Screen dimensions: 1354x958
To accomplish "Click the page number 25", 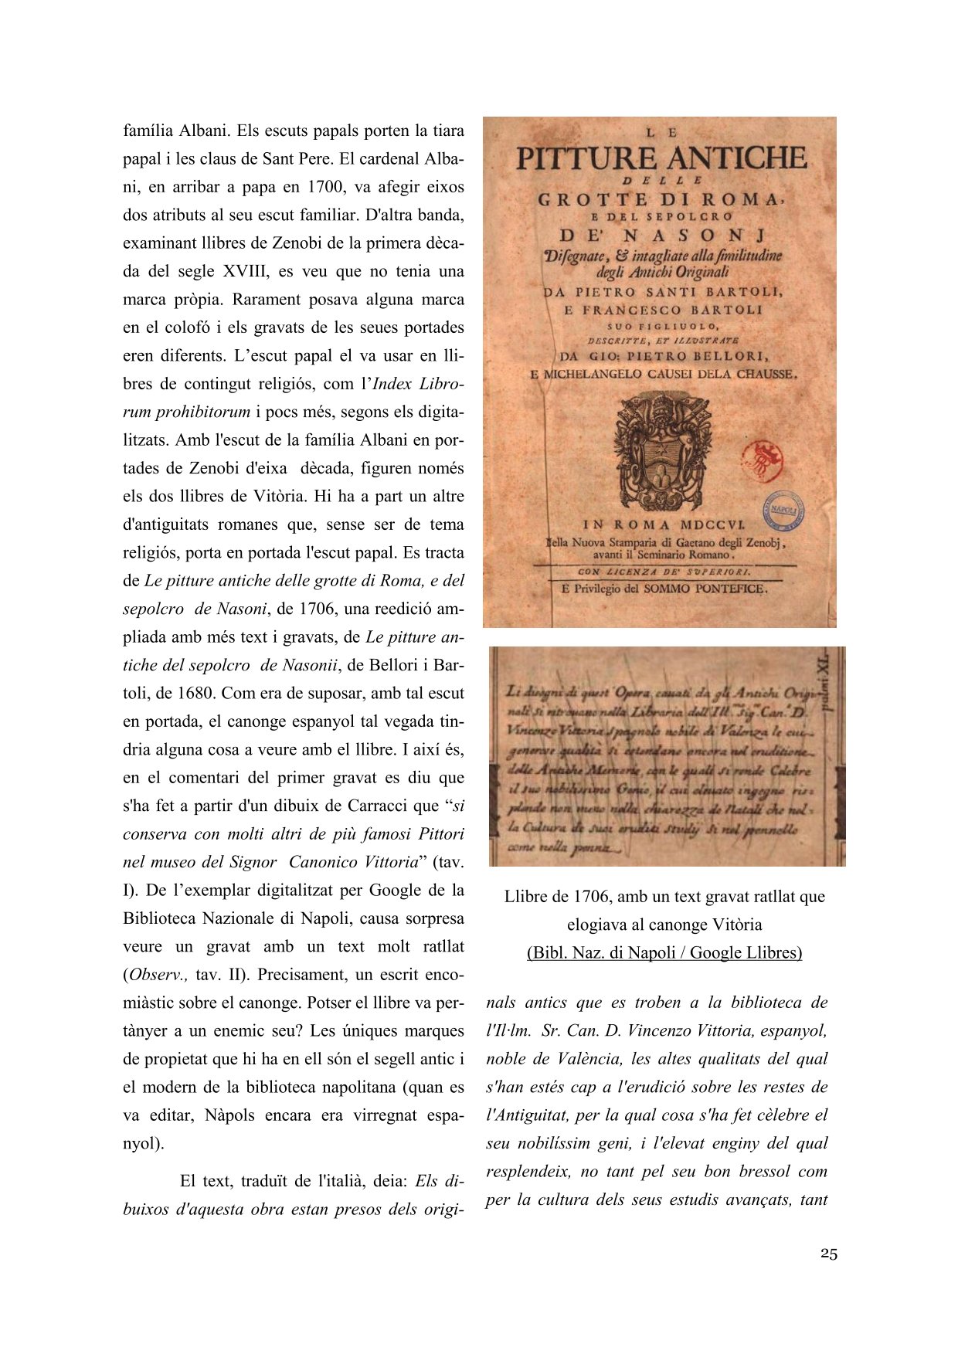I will pyautogui.click(x=828, y=1254).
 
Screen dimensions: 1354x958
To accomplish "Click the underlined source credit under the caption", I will pyautogui.click(x=664, y=952).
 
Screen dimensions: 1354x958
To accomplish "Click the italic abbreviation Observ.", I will pyautogui.click(x=157, y=975).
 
